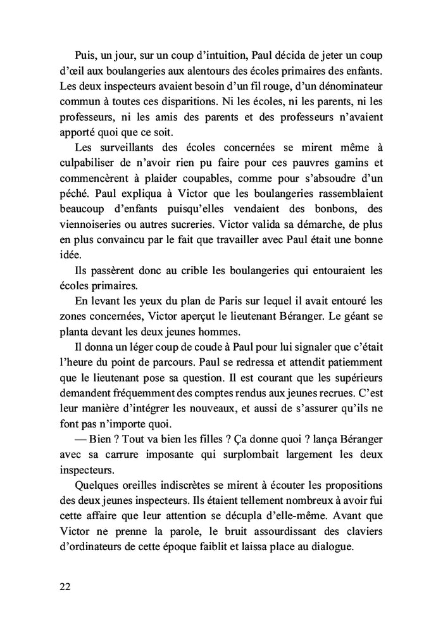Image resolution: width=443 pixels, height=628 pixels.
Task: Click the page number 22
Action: point(63,586)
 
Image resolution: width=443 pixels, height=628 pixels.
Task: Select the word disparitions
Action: point(196,101)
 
